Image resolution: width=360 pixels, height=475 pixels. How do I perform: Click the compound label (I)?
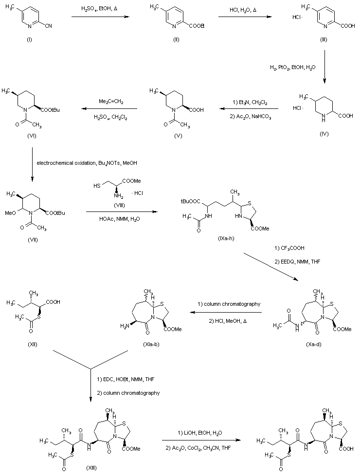[x=28, y=38]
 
